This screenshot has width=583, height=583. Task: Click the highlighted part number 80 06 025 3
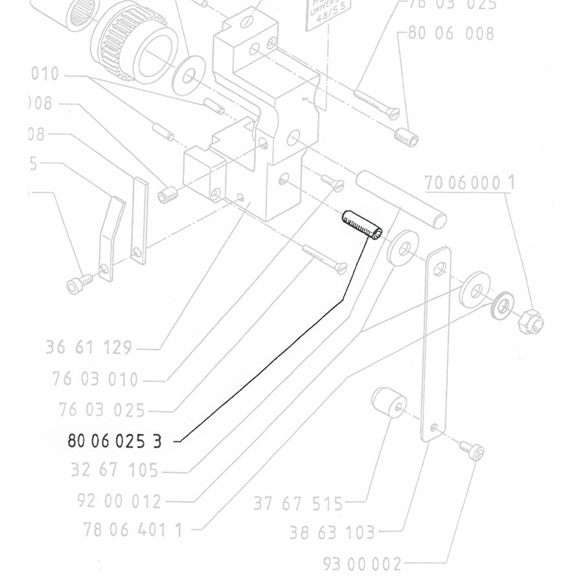click(114, 441)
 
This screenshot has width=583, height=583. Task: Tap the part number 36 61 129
click(89, 348)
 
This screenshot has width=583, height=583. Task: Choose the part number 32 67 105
click(114, 470)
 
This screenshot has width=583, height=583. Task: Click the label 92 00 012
click(119, 501)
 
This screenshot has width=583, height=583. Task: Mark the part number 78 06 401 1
click(133, 530)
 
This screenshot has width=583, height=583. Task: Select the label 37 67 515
click(298, 503)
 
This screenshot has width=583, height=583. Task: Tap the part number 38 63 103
click(332, 533)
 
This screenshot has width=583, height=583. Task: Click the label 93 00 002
click(363, 564)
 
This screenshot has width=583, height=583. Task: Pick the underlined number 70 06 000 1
click(470, 183)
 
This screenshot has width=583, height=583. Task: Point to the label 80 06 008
click(451, 33)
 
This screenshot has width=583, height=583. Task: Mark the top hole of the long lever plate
click(441, 268)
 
